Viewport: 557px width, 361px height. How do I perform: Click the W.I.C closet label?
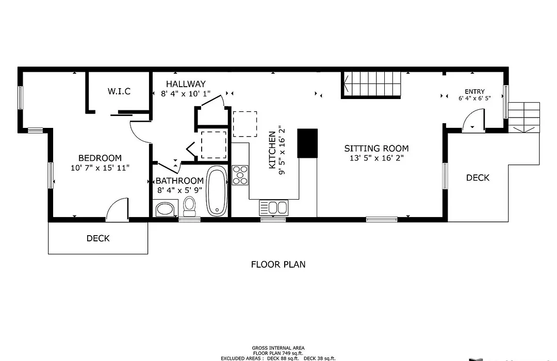click(119, 91)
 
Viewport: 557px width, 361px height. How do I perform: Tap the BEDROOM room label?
click(100, 158)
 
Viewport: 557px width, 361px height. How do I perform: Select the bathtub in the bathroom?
click(217, 191)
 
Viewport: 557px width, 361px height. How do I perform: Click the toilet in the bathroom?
click(189, 206)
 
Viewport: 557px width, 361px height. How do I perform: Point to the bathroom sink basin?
click(165, 208)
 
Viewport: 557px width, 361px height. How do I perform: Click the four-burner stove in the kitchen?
click(240, 175)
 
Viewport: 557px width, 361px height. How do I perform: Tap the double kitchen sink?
click(273, 207)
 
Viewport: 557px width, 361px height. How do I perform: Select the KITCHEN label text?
click(272, 150)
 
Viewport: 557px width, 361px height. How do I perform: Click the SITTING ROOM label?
click(376, 148)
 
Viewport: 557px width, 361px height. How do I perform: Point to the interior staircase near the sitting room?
click(371, 85)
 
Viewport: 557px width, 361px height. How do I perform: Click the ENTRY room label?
click(474, 91)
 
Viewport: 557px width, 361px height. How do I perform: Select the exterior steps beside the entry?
click(524, 118)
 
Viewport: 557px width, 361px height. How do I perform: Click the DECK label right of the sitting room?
click(478, 177)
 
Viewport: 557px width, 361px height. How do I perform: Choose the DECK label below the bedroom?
click(98, 238)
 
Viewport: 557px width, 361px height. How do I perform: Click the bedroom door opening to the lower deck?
click(117, 209)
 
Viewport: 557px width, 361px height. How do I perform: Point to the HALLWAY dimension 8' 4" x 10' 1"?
click(186, 94)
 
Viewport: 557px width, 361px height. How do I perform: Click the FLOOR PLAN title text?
click(278, 265)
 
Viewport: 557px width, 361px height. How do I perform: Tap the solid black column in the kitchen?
click(307, 143)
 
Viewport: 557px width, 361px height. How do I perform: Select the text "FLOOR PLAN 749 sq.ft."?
click(278, 353)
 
